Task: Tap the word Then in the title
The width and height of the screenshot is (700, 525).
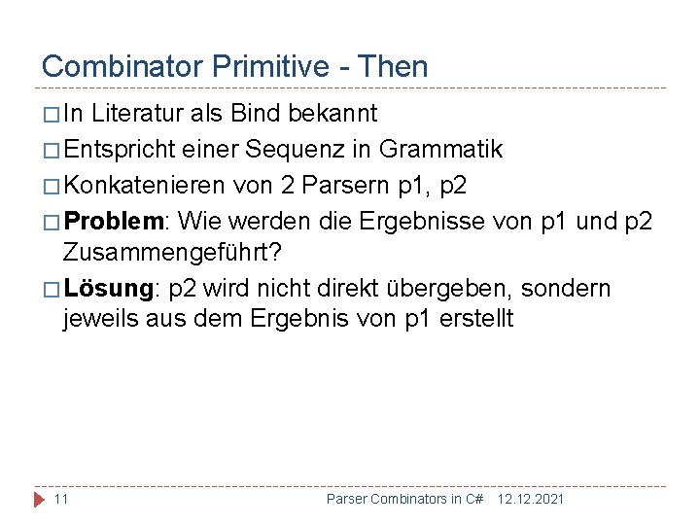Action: pos(393,66)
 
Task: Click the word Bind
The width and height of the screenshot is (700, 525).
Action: pos(259,114)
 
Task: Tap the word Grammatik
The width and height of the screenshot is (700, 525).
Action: pos(440,150)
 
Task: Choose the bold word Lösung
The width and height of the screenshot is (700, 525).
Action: pos(108,289)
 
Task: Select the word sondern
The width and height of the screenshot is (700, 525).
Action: pos(572,289)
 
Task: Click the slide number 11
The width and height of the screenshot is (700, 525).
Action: pos(60,499)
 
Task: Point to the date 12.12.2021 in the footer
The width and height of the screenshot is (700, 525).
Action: pos(530,499)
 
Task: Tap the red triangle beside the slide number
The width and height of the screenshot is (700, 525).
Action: pos(39,499)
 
